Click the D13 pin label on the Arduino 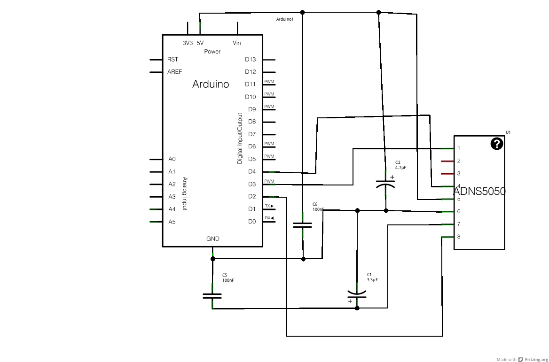(250, 59)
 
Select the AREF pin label (174, 72)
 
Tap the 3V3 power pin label (188, 43)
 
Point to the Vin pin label (237, 43)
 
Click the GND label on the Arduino (213, 239)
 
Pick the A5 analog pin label (172, 222)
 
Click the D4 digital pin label (252, 171)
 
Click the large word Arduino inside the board (211, 84)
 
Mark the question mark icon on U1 (497, 144)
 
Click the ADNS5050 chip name (479, 192)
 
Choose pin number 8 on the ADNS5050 (459, 237)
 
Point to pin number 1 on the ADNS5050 (459, 148)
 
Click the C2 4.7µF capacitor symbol (385, 183)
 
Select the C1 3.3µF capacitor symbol (357, 294)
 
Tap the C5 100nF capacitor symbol (212, 296)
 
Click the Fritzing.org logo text (533, 359)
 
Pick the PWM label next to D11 (269, 82)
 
